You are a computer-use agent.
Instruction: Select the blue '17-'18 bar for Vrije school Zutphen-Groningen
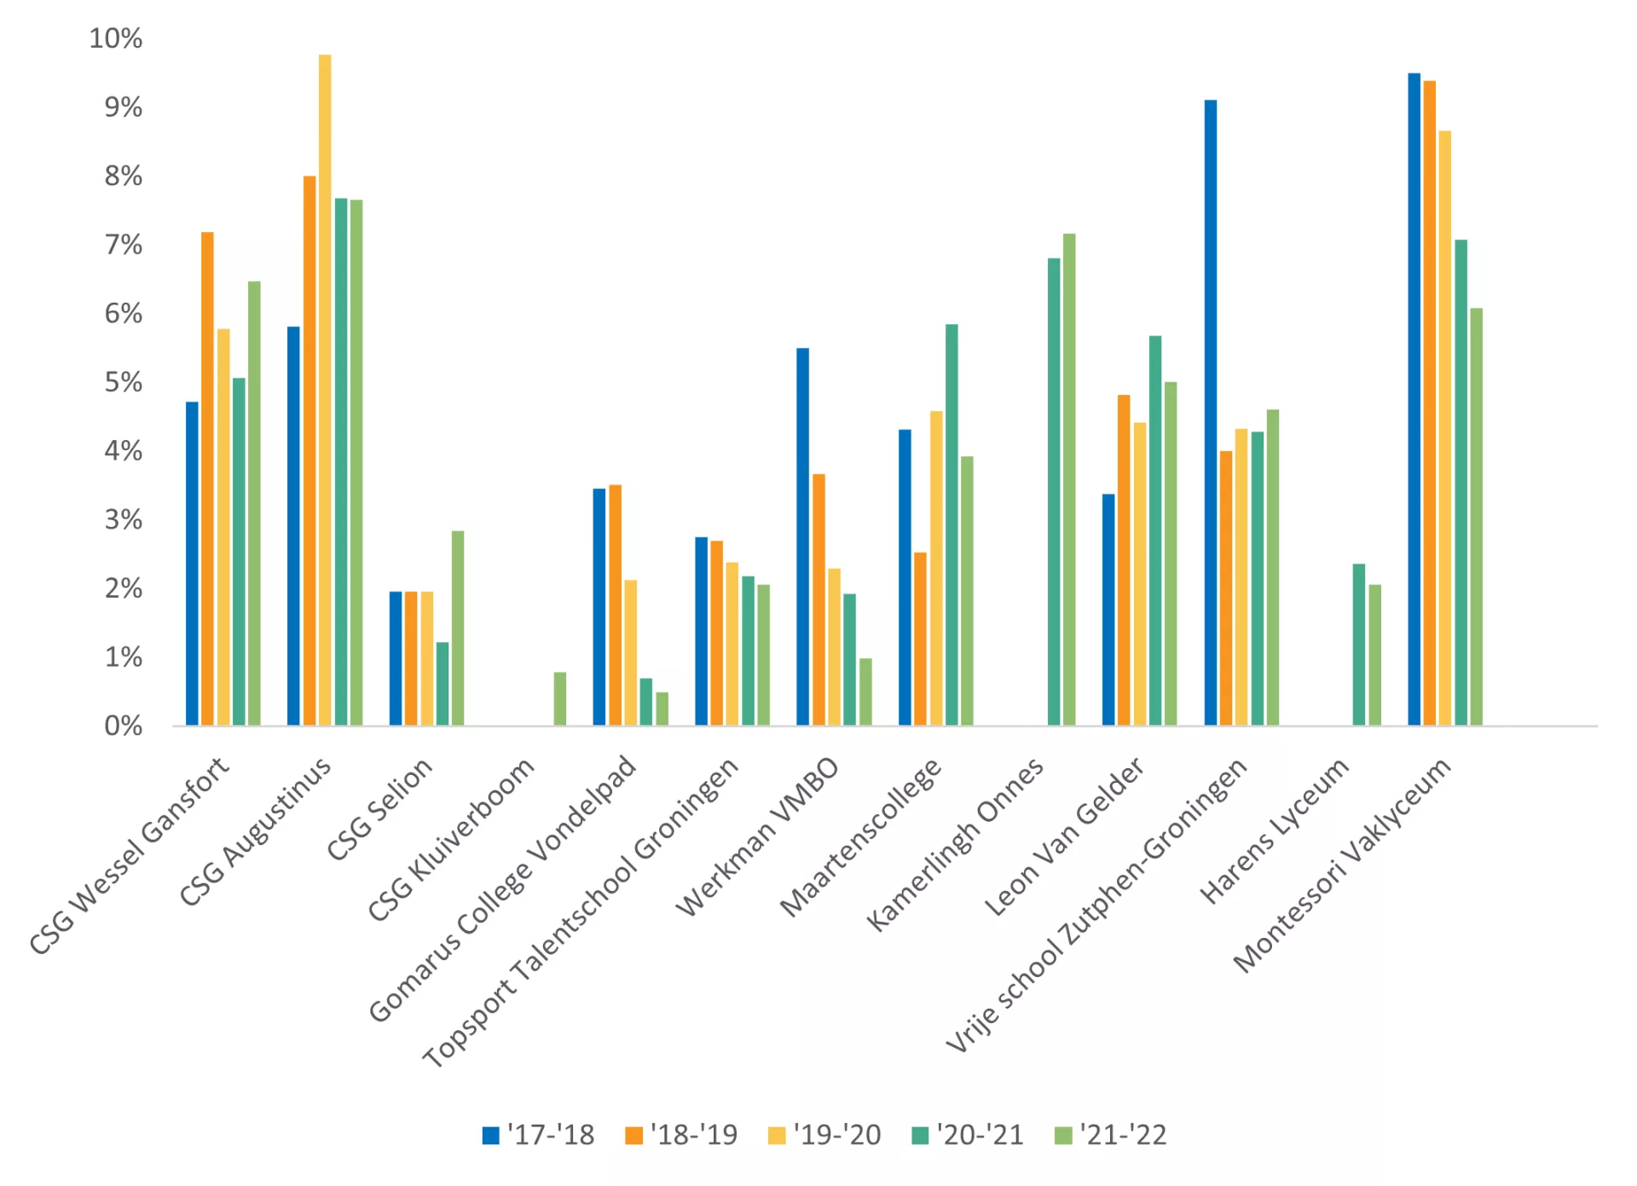pyautogui.click(x=1211, y=413)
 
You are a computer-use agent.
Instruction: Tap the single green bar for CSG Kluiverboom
pyautogui.click(x=559, y=699)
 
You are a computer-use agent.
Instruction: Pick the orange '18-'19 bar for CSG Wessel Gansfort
pyautogui.click(x=207, y=478)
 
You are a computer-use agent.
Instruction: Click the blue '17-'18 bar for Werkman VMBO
pyautogui.click(x=802, y=536)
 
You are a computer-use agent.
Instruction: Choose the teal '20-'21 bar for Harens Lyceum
pyautogui.click(x=1359, y=645)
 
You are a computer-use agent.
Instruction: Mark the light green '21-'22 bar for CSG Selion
pyautogui.click(x=458, y=628)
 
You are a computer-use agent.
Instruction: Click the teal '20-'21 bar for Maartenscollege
pyautogui.click(x=952, y=524)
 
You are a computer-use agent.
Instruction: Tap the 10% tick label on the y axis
pyautogui.click(x=116, y=38)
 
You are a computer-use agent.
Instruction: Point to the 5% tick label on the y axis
pyautogui.click(x=124, y=382)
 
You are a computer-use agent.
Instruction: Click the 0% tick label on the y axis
pyautogui.click(x=124, y=726)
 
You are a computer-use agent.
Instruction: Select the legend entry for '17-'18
pyautogui.click(x=538, y=1135)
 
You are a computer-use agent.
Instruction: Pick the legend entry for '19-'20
pyautogui.click(x=824, y=1135)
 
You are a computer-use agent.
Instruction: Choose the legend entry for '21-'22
pyautogui.click(x=1110, y=1135)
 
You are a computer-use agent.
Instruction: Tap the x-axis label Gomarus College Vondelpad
pyautogui.click(x=503, y=888)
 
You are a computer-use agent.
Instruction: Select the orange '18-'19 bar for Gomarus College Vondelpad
pyautogui.click(x=616, y=605)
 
